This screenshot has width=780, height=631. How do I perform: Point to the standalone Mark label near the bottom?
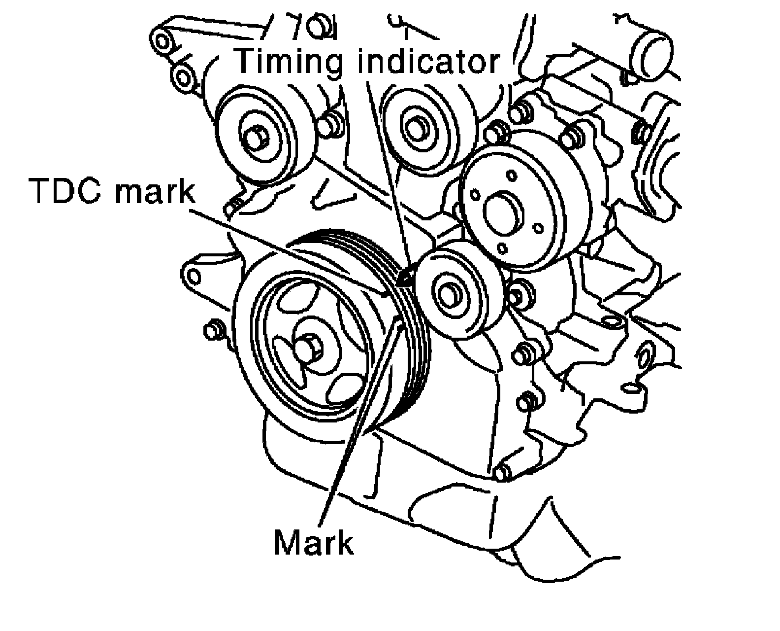pyautogui.click(x=313, y=543)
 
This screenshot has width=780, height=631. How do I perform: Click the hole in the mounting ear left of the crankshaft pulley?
pyautogui.click(x=193, y=277)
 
